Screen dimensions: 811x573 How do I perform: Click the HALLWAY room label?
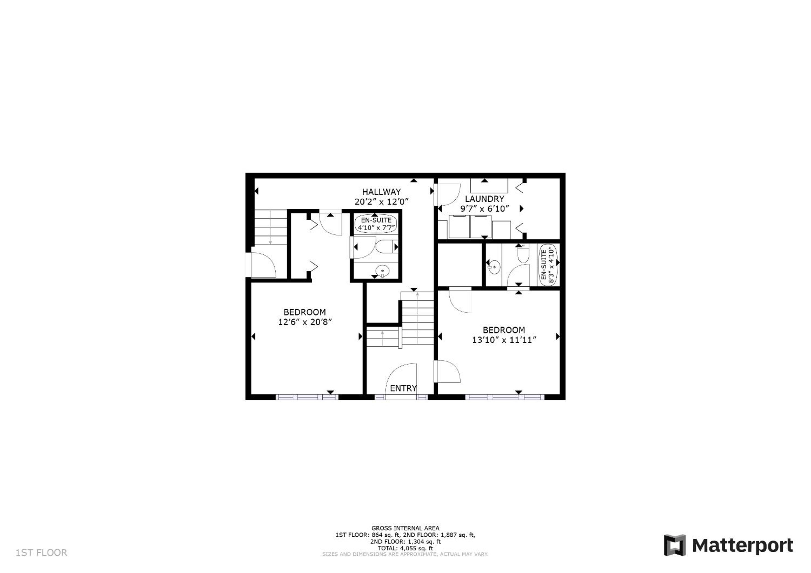point(381,192)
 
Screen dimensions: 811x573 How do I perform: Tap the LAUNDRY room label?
point(484,199)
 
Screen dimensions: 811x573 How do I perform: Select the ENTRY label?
point(403,388)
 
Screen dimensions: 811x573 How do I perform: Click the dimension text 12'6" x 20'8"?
point(305,322)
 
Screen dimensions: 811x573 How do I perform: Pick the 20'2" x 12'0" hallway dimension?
point(381,202)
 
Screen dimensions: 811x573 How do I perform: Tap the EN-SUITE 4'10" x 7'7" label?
point(376,224)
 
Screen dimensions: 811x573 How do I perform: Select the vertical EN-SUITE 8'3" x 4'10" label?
point(547,265)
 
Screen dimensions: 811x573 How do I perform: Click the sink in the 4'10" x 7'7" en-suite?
point(383,271)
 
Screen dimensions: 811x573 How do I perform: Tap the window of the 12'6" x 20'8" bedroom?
point(307,397)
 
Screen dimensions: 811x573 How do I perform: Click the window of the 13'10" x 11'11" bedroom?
point(504,397)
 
